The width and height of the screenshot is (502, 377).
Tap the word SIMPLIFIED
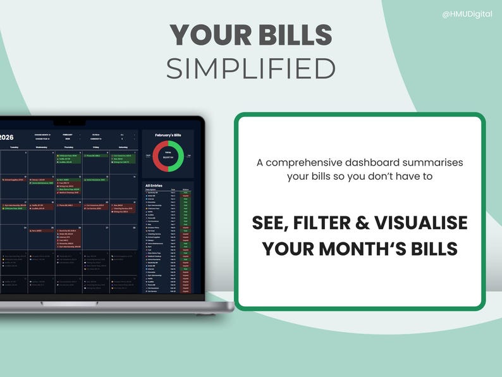point(250,69)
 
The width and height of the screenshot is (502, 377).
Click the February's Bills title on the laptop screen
point(168,135)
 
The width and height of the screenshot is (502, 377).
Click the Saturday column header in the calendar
point(123,147)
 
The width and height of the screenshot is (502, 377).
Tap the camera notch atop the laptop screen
point(61,121)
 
